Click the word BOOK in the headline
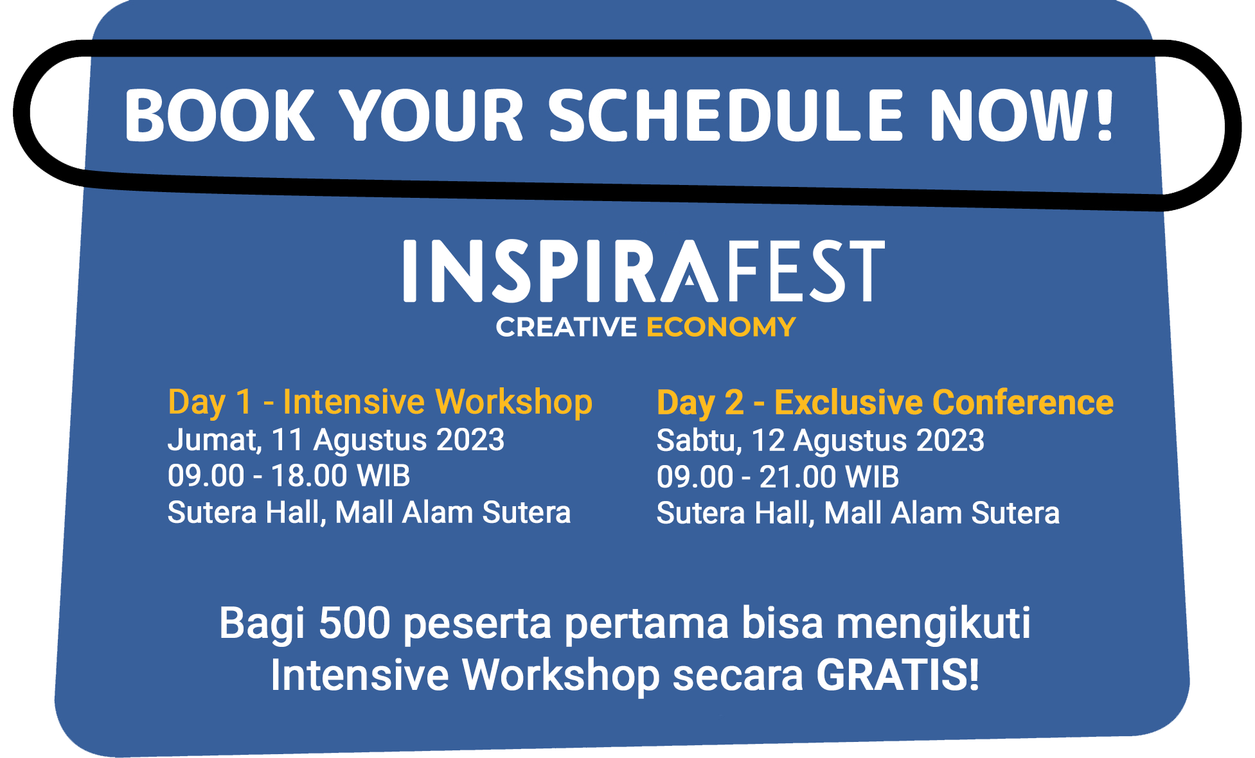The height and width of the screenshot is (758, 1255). coord(220,115)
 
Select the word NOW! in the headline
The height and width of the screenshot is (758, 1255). coord(1022,115)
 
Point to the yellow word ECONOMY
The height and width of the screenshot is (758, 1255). coord(721,327)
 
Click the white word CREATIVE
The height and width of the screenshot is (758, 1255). coord(566,327)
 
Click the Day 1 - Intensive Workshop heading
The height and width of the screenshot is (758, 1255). coord(380,403)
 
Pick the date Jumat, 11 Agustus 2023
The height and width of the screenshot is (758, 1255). coord(336,441)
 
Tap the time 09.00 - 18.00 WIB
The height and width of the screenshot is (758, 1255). coord(289,476)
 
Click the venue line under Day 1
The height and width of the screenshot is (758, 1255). coord(369,513)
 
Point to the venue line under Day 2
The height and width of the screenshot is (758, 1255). coord(858,513)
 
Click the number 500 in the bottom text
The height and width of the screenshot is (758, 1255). coord(355,623)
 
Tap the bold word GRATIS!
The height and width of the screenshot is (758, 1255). coord(898,675)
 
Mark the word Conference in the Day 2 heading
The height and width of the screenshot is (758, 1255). coord(1023,403)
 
